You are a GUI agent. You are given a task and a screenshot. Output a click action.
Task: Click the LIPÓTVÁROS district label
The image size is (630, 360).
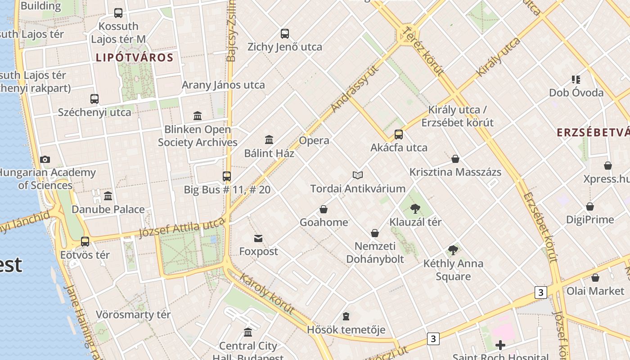pos(135,58)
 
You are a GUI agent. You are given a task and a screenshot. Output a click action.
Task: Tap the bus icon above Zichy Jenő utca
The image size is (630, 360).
pos(285,33)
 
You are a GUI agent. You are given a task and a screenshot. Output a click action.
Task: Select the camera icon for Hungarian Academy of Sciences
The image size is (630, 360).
pos(45,159)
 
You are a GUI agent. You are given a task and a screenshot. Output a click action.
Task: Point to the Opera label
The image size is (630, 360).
pos(314,140)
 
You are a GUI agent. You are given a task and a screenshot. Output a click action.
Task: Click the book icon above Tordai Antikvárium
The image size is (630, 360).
pos(358,175)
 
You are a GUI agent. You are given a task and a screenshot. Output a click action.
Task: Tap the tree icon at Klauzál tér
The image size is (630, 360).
pos(415,209)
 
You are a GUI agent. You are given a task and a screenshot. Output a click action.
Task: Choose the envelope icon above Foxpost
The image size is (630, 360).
pos(258,238)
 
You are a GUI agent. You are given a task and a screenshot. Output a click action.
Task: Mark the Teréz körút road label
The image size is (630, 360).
pos(424,50)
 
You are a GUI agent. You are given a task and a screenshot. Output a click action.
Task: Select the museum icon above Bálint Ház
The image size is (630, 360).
pos(269,139)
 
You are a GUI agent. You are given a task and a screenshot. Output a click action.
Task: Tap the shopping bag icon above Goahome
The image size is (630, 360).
pos(324,209)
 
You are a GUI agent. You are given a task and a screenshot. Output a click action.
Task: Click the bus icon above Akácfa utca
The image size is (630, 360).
pos(399,134)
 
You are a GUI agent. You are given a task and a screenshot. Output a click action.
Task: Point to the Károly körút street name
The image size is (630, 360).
pos(267,293)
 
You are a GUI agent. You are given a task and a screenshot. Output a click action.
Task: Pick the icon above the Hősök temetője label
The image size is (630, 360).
pos(346,316)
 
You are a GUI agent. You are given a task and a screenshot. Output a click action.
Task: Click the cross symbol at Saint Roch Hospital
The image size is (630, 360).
pos(500,345)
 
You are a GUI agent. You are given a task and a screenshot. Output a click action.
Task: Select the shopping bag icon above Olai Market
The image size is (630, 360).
pos(595,278)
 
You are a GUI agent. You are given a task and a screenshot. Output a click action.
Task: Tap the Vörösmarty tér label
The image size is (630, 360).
pos(133,315)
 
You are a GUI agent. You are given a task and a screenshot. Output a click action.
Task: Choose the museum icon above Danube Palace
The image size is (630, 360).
pos(108,196)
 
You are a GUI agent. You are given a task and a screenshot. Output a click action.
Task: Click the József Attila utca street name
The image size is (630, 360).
pos(182,227)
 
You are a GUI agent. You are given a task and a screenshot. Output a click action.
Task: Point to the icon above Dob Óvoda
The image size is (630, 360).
pos(576,80)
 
